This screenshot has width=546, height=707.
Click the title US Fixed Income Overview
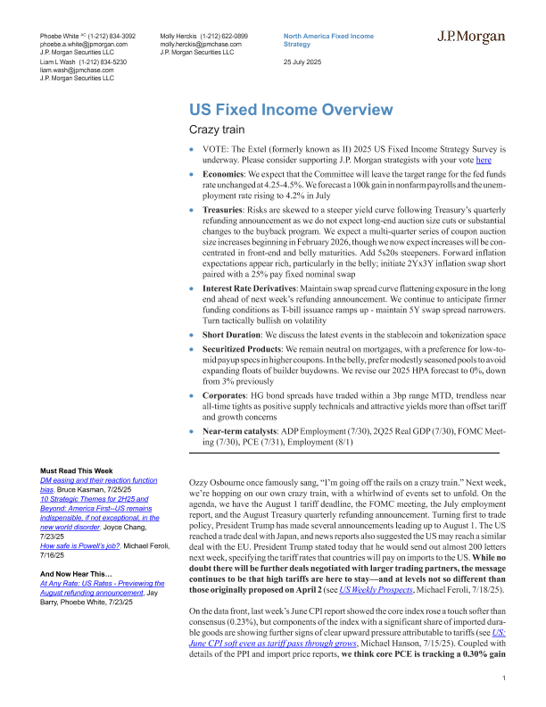click(290, 110)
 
